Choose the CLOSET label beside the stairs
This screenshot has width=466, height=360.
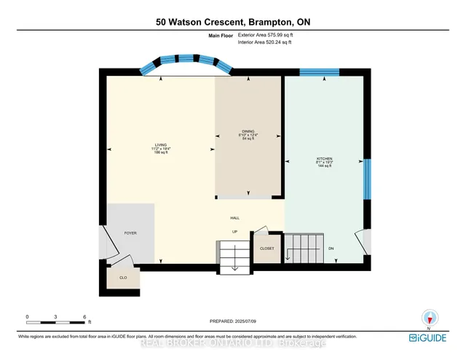pos(267,249)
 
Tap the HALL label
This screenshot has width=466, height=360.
pos(234,217)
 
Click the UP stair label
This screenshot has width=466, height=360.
pos(234,232)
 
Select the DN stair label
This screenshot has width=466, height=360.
pos(331,249)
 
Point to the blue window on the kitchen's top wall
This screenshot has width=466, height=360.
pos(319,71)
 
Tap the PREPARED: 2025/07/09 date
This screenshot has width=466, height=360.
pos(234,321)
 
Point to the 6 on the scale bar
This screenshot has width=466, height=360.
pos(84,317)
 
